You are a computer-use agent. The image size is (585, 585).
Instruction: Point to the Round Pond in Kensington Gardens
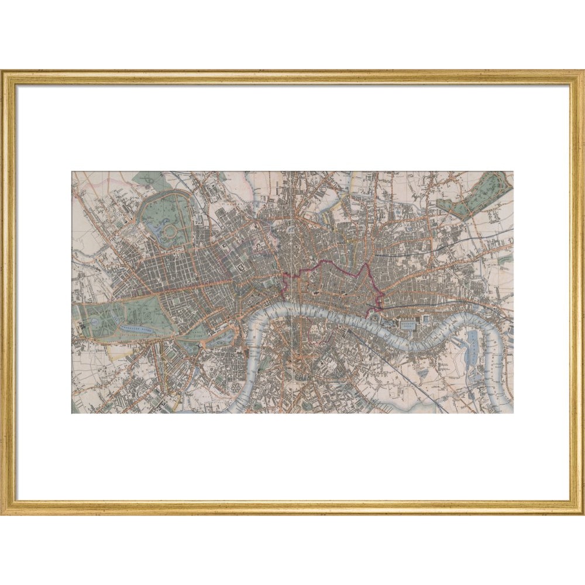click(x=94, y=322)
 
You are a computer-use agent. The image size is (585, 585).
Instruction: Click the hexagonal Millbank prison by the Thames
click(x=237, y=389)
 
